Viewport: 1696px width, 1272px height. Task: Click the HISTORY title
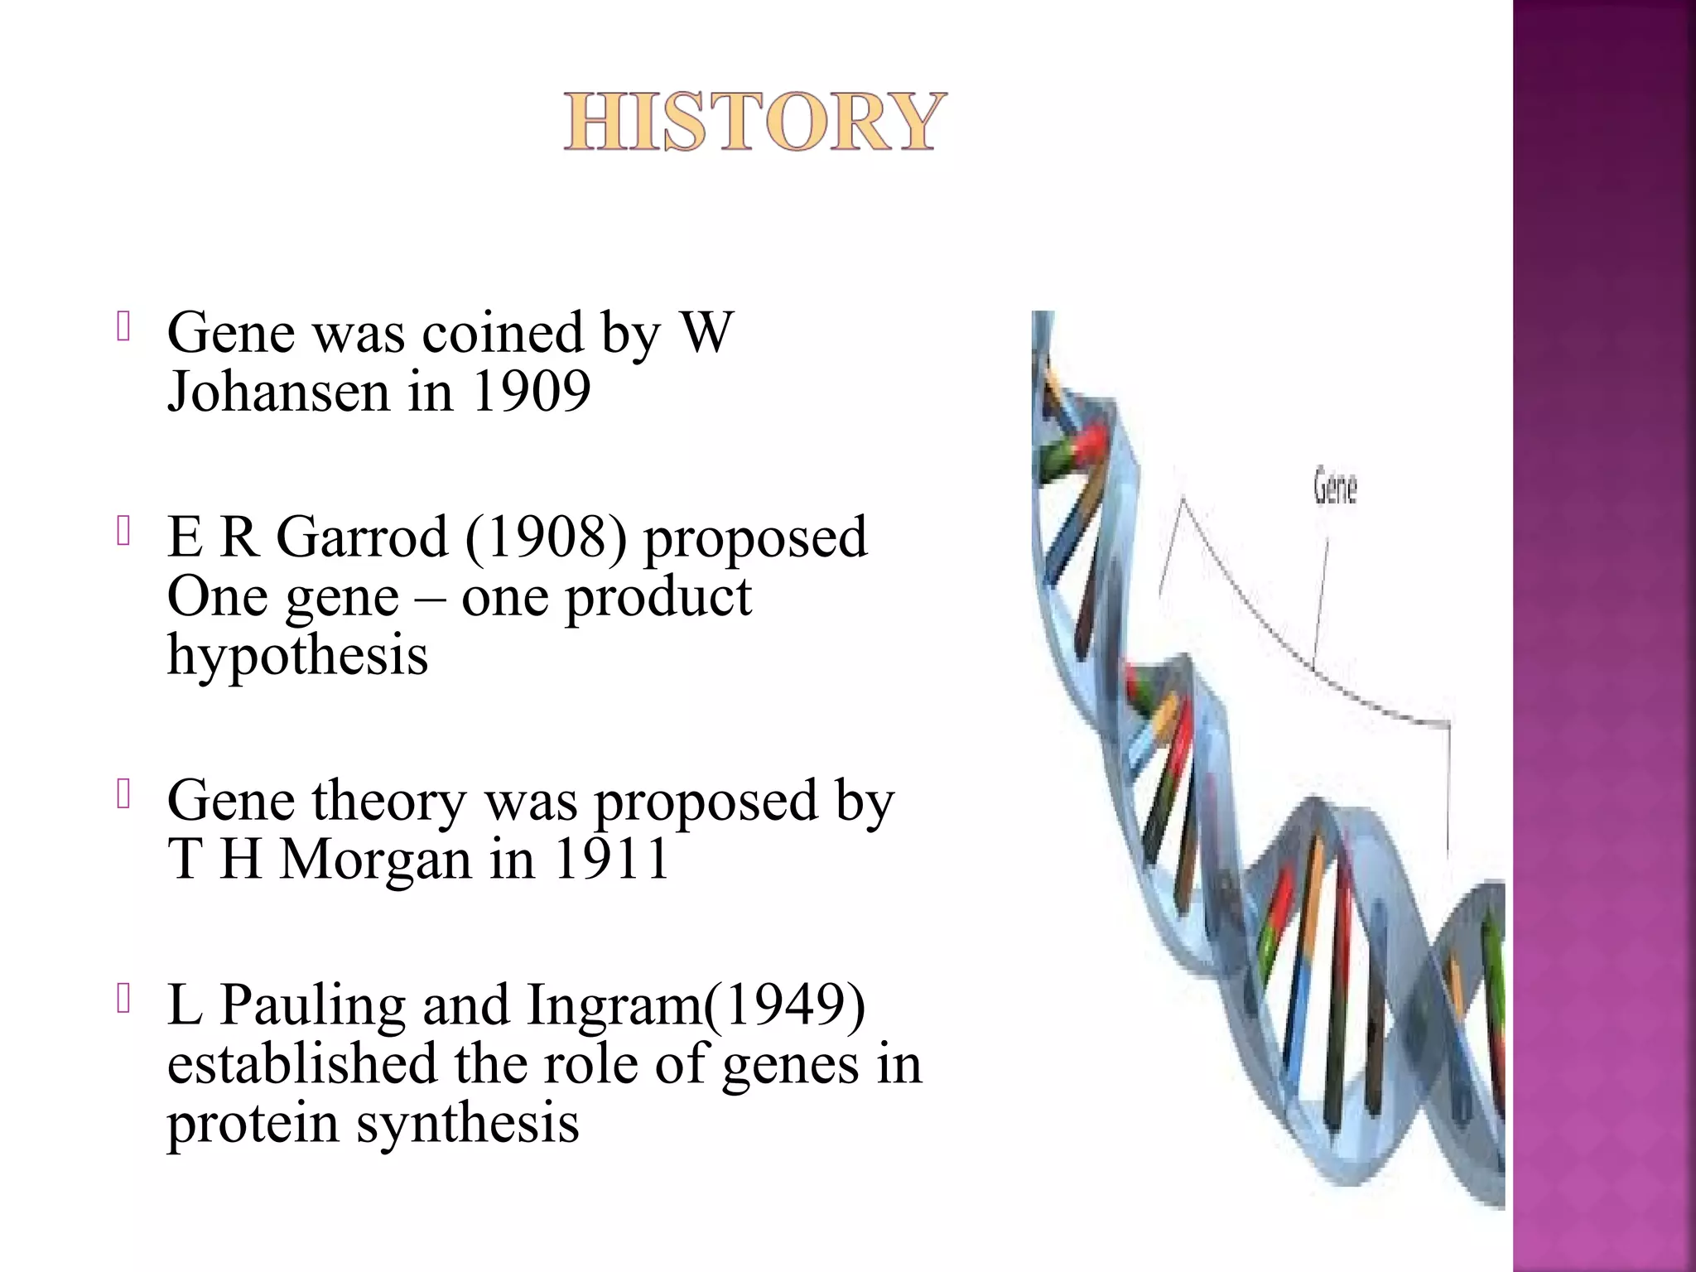click(x=754, y=122)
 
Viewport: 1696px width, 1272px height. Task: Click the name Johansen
click(x=278, y=392)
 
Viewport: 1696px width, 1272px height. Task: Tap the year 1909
click(x=531, y=392)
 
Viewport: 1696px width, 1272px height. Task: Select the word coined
click(x=503, y=333)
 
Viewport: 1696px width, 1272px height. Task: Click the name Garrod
click(x=362, y=537)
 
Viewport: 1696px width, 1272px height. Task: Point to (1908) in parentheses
click(x=546, y=537)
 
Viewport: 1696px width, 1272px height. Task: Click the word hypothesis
click(x=297, y=655)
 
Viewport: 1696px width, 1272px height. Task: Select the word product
click(x=658, y=596)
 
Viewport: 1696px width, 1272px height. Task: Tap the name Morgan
click(x=375, y=860)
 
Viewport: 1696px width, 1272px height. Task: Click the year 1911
click(x=611, y=860)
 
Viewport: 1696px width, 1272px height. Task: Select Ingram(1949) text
click(x=696, y=1005)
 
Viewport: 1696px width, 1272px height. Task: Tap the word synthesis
click(x=468, y=1124)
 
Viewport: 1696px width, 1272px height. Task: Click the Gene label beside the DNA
click(x=1335, y=487)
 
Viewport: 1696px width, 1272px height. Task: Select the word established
click(x=302, y=1064)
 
